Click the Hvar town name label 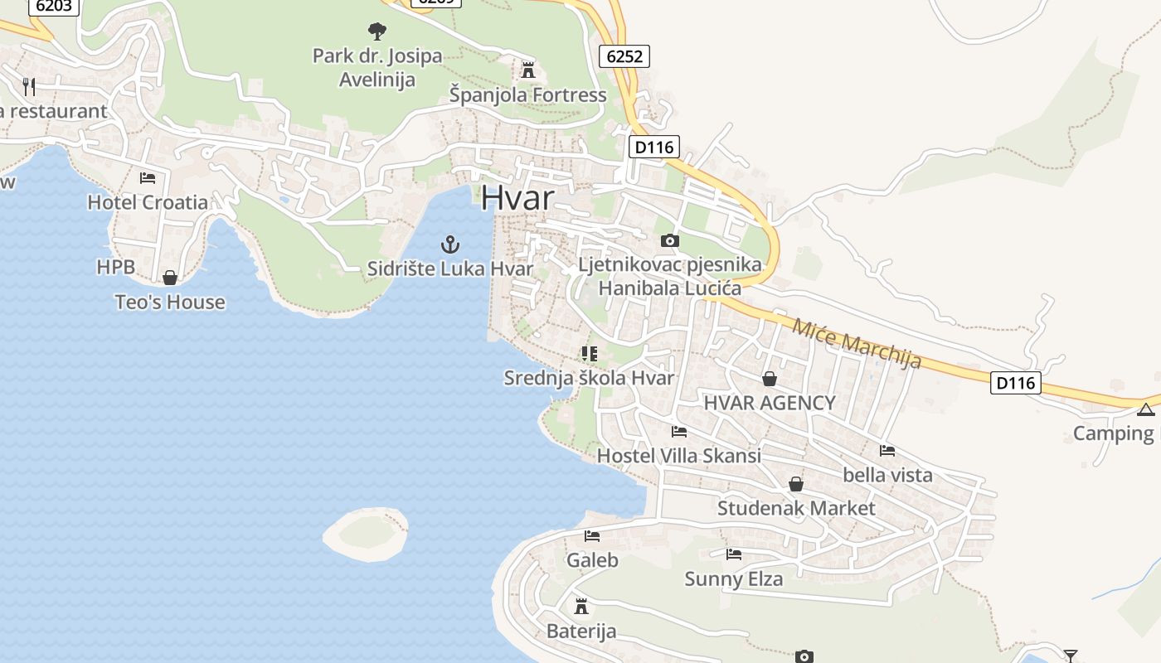(x=517, y=198)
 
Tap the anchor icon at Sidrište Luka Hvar (x=449, y=244)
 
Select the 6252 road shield (x=624, y=56)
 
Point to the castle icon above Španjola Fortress (x=528, y=70)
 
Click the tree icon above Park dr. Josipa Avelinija (x=377, y=32)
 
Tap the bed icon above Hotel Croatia (x=148, y=177)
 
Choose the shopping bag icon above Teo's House (x=170, y=278)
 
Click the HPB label (x=115, y=267)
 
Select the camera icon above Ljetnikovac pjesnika (x=669, y=241)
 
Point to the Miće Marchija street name (x=857, y=342)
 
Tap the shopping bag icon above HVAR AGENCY (x=770, y=379)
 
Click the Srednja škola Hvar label (x=589, y=378)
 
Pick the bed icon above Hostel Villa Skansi (x=679, y=431)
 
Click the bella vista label (x=887, y=475)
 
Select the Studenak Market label (x=796, y=508)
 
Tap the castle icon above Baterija (x=581, y=607)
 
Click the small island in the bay (x=366, y=534)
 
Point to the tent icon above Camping (x=1145, y=409)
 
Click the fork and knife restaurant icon (x=29, y=86)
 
